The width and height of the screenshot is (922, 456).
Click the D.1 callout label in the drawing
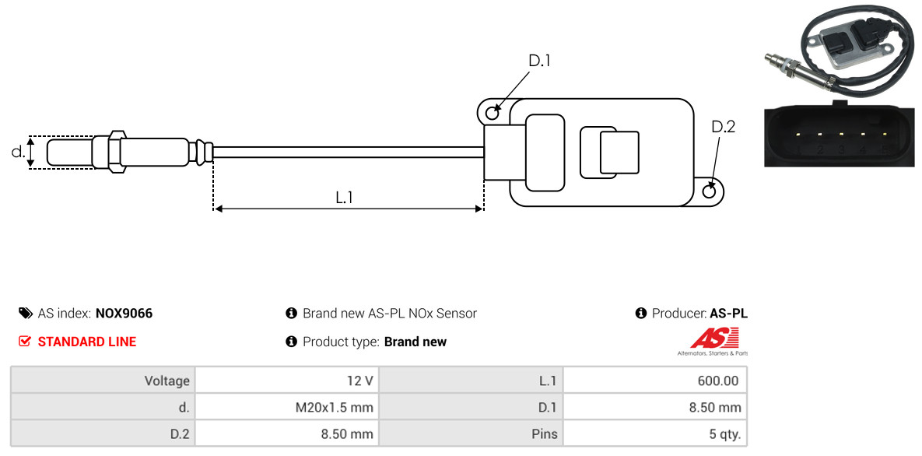point(539,61)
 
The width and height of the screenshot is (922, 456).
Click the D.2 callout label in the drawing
point(723,127)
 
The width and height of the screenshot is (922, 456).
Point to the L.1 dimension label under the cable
point(345,198)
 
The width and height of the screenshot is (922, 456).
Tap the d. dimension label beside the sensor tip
point(17,152)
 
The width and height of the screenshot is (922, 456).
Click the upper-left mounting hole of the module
point(493,113)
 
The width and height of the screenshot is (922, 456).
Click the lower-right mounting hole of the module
point(710,191)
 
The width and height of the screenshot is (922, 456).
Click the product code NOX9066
point(124,314)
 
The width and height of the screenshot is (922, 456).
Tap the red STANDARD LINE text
point(87,342)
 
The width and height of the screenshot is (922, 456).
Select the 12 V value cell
point(286,381)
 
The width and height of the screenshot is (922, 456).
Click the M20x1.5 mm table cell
point(286,407)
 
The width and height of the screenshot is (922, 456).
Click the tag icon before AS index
point(25,314)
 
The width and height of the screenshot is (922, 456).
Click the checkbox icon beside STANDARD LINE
point(25,342)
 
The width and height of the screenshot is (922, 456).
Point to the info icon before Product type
point(292,342)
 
